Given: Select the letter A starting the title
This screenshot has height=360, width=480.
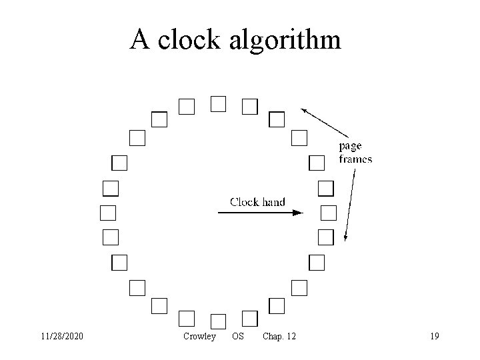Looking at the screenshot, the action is tap(139, 39).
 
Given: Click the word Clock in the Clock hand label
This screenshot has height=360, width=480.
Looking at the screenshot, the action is tap(245, 201).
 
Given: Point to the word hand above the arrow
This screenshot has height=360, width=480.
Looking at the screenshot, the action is tap(273, 201).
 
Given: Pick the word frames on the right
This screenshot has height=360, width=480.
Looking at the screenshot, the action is tap(355, 159).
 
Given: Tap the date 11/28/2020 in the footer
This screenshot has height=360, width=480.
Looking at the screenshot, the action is tap(61, 337).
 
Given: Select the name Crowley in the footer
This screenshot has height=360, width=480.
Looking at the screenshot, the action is tap(199, 337).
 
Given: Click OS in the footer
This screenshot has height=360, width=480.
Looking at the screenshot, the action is tap(237, 337).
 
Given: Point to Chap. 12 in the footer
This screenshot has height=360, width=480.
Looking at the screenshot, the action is tap(279, 337).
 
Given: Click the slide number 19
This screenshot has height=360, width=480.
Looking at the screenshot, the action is tap(435, 337).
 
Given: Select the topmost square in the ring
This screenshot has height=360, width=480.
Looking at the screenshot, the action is tap(218, 103).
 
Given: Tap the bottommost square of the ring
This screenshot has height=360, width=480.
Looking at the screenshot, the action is tap(218, 321).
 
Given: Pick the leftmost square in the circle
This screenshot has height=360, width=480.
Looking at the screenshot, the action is tap(108, 213).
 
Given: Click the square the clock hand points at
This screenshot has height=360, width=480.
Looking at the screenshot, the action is tap(329, 213).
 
